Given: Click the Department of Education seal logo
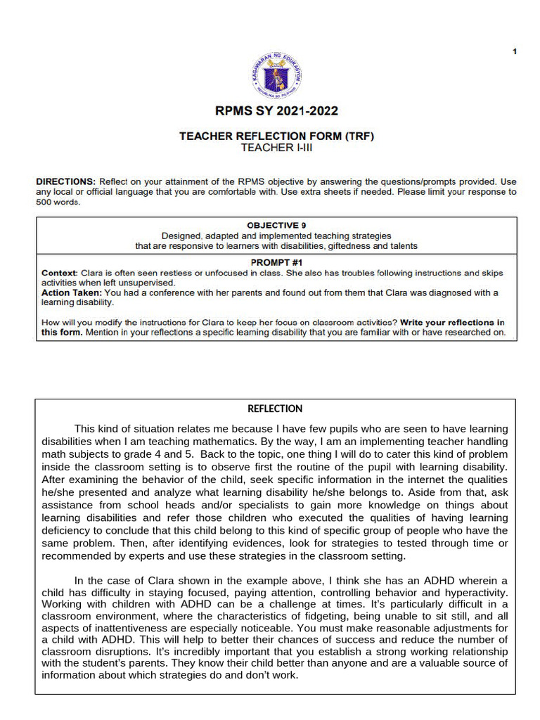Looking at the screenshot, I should pyautogui.click(x=276, y=75).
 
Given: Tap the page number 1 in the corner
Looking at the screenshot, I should pyautogui.click(x=515, y=51).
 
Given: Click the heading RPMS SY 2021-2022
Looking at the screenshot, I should pyautogui.click(x=276, y=111).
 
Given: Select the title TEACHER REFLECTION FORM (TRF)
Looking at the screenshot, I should pyautogui.click(x=276, y=136).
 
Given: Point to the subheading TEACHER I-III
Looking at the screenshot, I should pyautogui.click(x=276, y=148).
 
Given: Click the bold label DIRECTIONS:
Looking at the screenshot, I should pyautogui.click(x=66, y=181).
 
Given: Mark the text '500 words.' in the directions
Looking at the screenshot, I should pyautogui.click(x=58, y=202).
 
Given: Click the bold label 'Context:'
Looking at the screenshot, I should pyautogui.click(x=59, y=272).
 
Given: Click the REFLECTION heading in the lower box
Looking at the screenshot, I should pyautogui.click(x=275, y=409).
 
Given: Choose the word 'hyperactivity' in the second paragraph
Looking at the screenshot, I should pyautogui.click(x=477, y=593).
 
